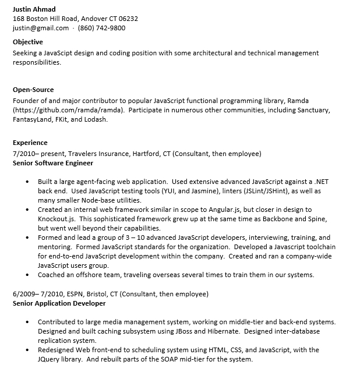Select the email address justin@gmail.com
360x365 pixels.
[41, 28]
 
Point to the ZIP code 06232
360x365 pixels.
[128, 19]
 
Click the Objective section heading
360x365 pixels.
[28, 42]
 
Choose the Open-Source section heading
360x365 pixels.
[33, 90]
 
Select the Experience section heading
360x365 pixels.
[30, 143]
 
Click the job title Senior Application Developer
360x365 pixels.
[59, 303]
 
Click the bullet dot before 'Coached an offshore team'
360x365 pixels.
[28, 275]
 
